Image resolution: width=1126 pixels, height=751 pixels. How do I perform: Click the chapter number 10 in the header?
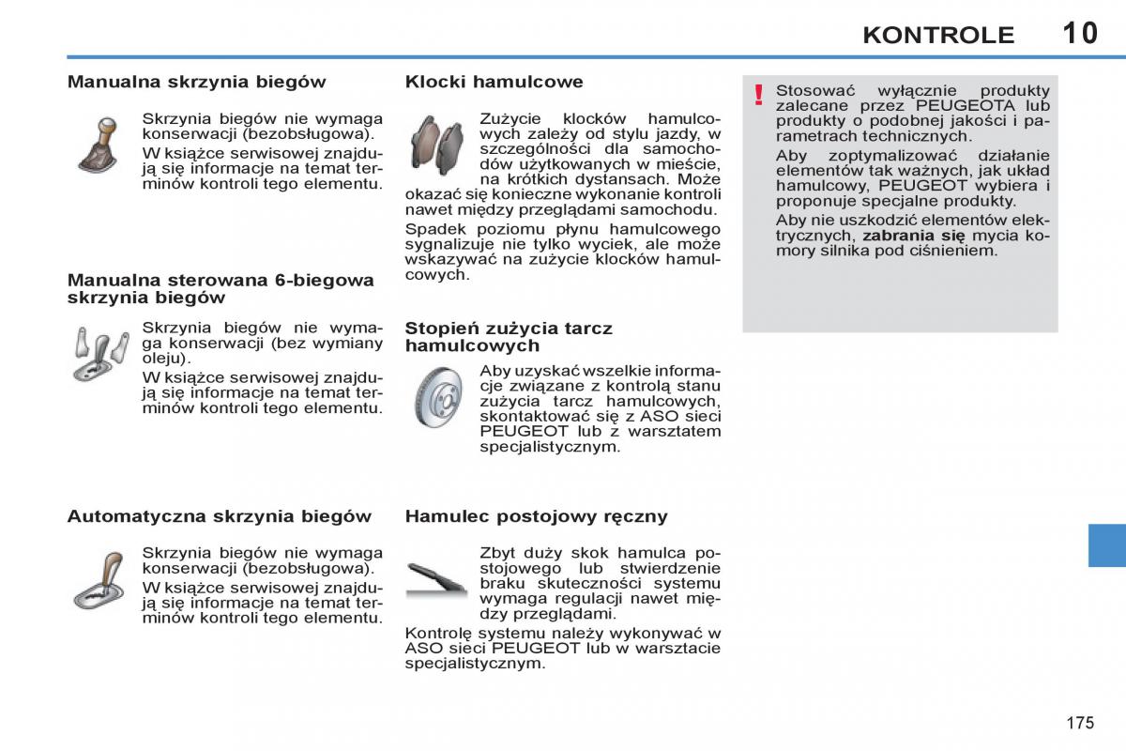(x=1080, y=33)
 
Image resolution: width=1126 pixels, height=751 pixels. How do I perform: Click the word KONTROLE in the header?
(x=938, y=36)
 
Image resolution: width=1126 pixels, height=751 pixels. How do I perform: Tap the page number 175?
(x=1080, y=723)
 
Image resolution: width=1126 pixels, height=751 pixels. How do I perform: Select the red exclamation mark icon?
(x=759, y=95)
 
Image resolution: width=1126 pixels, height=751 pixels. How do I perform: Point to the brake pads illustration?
(x=437, y=146)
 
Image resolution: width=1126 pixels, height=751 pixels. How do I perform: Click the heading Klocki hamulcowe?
(x=494, y=82)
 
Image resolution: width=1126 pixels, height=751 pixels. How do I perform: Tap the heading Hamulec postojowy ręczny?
(x=536, y=516)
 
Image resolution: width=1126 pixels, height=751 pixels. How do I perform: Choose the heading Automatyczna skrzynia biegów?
(x=220, y=516)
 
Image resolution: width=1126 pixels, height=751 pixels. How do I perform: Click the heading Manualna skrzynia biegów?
(x=197, y=82)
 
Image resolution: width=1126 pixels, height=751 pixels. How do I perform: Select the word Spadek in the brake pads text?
(x=432, y=229)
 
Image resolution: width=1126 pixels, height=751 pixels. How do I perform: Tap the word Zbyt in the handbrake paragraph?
(x=497, y=553)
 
